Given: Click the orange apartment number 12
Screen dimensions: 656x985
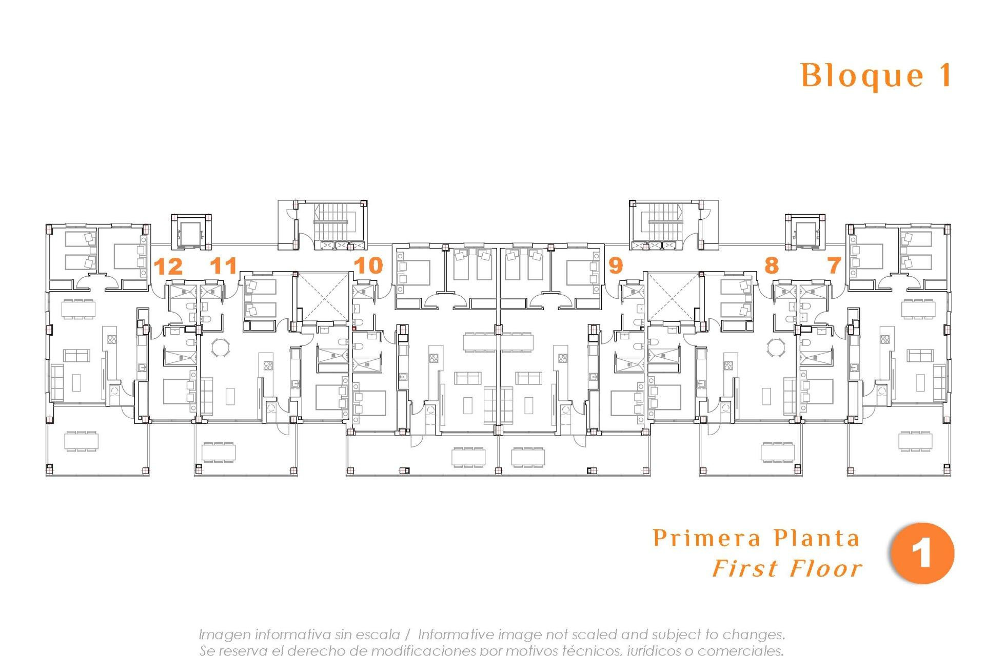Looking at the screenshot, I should point(168,266).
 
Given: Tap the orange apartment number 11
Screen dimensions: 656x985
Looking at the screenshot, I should point(224,265).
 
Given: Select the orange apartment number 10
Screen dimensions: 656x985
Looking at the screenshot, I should point(368,265).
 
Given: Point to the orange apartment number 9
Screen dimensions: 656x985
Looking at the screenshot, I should point(615,265).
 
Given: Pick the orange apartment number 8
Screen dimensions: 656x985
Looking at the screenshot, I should point(771,265).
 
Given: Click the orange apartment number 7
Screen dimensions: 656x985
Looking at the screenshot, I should point(834,265).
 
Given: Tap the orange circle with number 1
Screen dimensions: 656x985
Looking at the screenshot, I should point(922,553).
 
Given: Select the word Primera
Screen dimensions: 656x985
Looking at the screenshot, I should point(707,538).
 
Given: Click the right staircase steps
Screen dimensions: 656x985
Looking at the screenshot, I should point(665,221).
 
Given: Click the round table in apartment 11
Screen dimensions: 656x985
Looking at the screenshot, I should point(221,347).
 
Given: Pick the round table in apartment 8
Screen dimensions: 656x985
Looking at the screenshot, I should point(775,347).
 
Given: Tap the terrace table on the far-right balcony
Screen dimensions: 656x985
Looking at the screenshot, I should point(915,441).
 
